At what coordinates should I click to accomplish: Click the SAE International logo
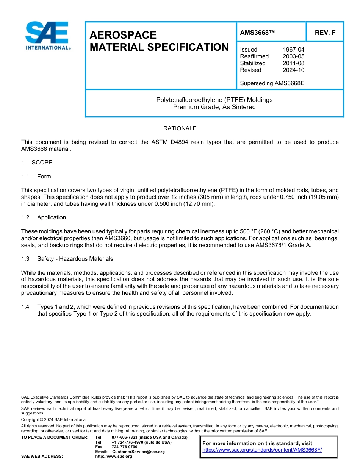47,36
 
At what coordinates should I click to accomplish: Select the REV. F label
325,33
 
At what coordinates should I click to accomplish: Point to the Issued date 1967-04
293,50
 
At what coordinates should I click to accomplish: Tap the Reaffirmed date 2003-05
293,56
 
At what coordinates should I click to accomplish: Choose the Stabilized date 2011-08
293,63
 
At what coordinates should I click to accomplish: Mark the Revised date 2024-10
293,70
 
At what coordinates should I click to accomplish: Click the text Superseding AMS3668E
272,83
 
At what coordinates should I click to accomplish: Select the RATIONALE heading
180,128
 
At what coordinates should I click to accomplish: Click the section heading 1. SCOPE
37,163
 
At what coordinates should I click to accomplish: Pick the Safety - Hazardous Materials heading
75,259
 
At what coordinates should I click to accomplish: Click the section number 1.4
25,307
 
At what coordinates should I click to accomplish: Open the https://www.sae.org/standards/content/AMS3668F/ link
262,450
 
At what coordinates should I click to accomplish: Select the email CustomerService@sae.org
138,452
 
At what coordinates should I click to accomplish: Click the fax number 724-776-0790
124,447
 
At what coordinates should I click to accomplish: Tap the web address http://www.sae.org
114,457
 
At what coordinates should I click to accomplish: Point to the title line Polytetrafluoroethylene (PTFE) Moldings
214,100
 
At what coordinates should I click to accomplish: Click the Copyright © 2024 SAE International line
54,419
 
